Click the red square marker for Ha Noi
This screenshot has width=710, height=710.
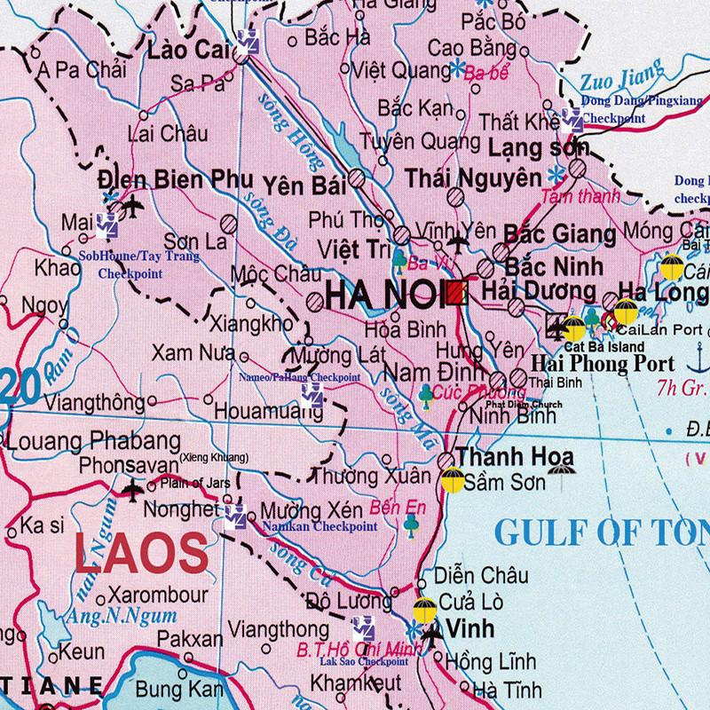pyautogui.click(x=457, y=294)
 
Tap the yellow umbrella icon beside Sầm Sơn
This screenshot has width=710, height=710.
pyautogui.click(x=450, y=482)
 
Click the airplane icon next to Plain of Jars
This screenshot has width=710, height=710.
pyautogui.click(x=134, y=487)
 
